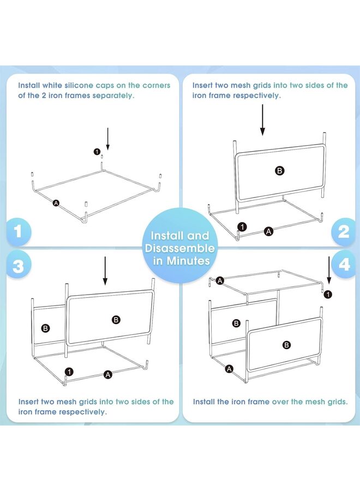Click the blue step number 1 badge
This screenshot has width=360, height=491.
[x=18, y=231]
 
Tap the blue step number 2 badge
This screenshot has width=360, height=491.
[x=344, y=232]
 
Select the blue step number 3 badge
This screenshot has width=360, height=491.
[x=18, y=266]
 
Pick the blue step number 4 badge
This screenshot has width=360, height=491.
[x=344, y=265]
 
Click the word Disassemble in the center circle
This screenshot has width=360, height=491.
[x=179, y=248]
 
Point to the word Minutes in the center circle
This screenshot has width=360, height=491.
[x=188, y=261]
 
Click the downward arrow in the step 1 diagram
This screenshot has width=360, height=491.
[x=107, y=139]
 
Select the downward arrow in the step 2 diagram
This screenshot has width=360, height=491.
[x=263, y=120]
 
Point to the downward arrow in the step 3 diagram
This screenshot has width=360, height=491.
[x=105, y=271]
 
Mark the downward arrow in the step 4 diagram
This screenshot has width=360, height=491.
[x=329, y=270]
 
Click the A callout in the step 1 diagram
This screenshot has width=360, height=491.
[x=56, y=203]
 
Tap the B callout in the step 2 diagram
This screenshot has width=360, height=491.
[x=280, y=171]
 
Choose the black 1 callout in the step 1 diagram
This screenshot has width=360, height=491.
[x=97, y=152]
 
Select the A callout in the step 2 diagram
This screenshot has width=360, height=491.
[x=268, y=232]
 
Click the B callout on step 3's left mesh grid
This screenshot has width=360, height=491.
[x=46, y=328]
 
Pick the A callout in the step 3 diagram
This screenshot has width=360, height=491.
[x=108, y=374]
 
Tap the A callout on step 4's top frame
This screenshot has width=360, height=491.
[x=220, y=280]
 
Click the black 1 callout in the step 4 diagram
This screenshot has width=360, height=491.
[x=328, y=295]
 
